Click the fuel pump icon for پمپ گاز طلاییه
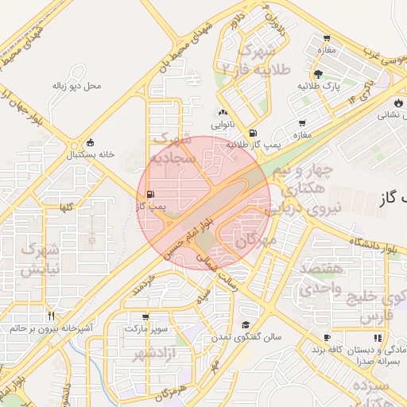tap(253, 133)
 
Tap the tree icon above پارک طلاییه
tap(319, 72)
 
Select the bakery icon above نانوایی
tap(222, 113)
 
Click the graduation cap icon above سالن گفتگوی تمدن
tap(246, 324)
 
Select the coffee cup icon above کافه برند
tap(326, 338)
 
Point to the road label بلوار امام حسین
tap(184, 233)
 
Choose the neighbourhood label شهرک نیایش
tap(39, 259)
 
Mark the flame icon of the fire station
tap(397, 103)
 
